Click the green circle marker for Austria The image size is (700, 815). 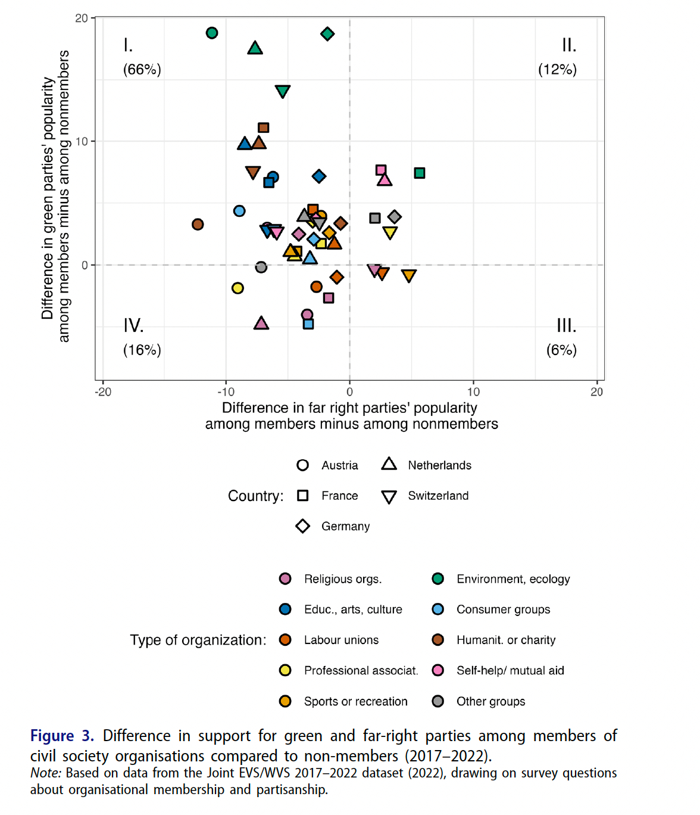click(x=212, y=33)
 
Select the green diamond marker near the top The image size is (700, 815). click(x=327, y=34)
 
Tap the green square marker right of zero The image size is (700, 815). click(x=420, y=173)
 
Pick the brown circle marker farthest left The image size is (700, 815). click(x=198, y=224)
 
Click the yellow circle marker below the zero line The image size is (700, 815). click(x=237, y=288)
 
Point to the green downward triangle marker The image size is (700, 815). click(x=283, y=91)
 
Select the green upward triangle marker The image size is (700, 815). click(x=255, y=48)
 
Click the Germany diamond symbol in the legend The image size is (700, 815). click(x=302, y=526)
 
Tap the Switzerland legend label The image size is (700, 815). click(x=438, y=496)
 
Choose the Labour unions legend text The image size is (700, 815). click(x=341, y=640)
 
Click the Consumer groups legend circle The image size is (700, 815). click(x=438, y=609)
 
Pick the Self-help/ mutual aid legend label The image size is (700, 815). click(x=510, y=670)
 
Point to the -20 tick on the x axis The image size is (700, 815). click(x=103, y=391)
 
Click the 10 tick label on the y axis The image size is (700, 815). click(x=82, y=141)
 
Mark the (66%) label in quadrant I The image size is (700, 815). click(x=142, y=69)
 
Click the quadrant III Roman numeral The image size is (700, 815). click(x=566, y=325)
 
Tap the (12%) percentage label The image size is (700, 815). click(x=557, y=69)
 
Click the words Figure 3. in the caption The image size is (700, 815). click(x=62, y=736)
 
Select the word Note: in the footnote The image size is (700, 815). click(x=46, y=773)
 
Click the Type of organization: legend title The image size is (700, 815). click(x=198, y=640)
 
